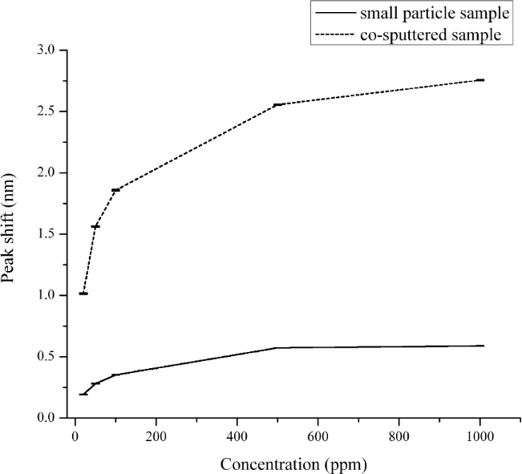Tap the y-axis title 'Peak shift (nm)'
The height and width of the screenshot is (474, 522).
pyautogui.click(x=14, y=233)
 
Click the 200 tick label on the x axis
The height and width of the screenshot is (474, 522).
pyautogui.click(x=156, y=436)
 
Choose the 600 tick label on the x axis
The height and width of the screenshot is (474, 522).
pyautogui.click(x=318, y=436)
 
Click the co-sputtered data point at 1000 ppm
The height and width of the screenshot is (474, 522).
pyautogui.click(x=480, y=80)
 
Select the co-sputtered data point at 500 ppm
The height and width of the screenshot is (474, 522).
pyautogui.click(x=277, y=105)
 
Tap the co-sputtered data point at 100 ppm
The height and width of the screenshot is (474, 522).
pyautogui.click(x=115, y=190)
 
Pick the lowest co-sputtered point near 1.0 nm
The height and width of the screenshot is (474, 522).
pyautogui.click(x=83, y=294)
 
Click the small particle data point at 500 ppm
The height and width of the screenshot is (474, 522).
pyautogui.click(x=277, y=348)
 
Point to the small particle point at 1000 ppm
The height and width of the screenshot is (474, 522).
pyautogui.click(x=480, y=346)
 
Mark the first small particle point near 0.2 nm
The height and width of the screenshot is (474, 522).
pyautogui.click(x=83, y=394)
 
